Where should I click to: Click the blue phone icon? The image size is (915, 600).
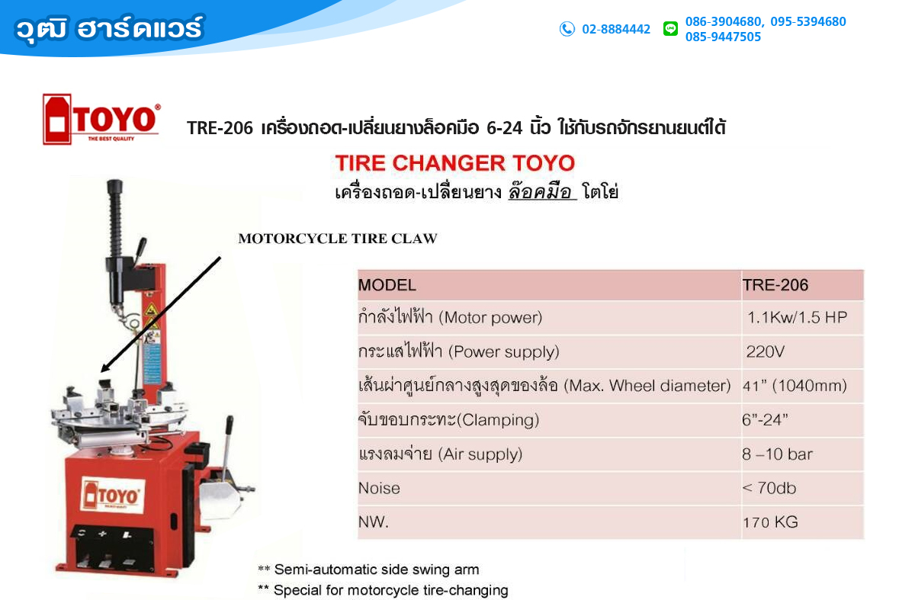click(x=567, y=29)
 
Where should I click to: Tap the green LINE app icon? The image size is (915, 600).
click(x=670, y=29)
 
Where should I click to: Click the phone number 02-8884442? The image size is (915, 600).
click(x=616, y=30)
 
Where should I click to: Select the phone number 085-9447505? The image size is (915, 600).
click(x=723, y=37)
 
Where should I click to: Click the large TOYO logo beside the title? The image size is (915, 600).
click(x=101, y=119)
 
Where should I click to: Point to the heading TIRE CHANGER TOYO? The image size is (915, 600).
click(x=455, y=163)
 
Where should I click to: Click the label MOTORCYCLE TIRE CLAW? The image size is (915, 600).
click(x=337, y=239)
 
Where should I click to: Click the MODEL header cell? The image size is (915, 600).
click(x=387, y=285)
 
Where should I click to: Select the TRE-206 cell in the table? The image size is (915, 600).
click(x=775, y=285)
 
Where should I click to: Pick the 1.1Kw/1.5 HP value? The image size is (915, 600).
click(x=797, y=317)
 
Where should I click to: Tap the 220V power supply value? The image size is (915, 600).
click(x=765, y=351)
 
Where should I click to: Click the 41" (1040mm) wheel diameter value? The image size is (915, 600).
click(x=795, y=386)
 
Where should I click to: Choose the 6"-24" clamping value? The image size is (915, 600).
click(x=765, y=419)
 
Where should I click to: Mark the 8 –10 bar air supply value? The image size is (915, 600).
click(x=777, y=454)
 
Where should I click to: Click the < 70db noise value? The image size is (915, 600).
click(x=769, y=488)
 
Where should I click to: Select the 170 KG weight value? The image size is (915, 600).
click(x=770, y=522)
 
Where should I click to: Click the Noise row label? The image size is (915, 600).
click(x=379, y=488)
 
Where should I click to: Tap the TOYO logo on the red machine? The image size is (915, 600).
click(x=113, y=496)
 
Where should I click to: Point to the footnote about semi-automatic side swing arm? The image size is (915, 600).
click(x=368, y=570)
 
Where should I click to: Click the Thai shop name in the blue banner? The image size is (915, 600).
click(x=110, y=29)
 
